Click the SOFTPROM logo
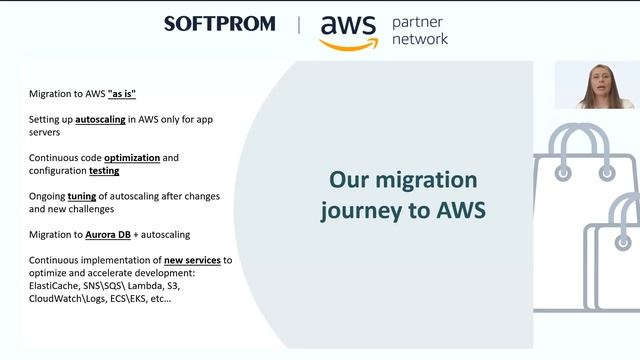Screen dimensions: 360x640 219,24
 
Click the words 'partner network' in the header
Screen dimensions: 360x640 420,30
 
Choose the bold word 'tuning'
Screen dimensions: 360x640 82,196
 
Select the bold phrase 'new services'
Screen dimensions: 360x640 191,260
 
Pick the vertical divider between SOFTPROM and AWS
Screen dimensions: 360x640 298,24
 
